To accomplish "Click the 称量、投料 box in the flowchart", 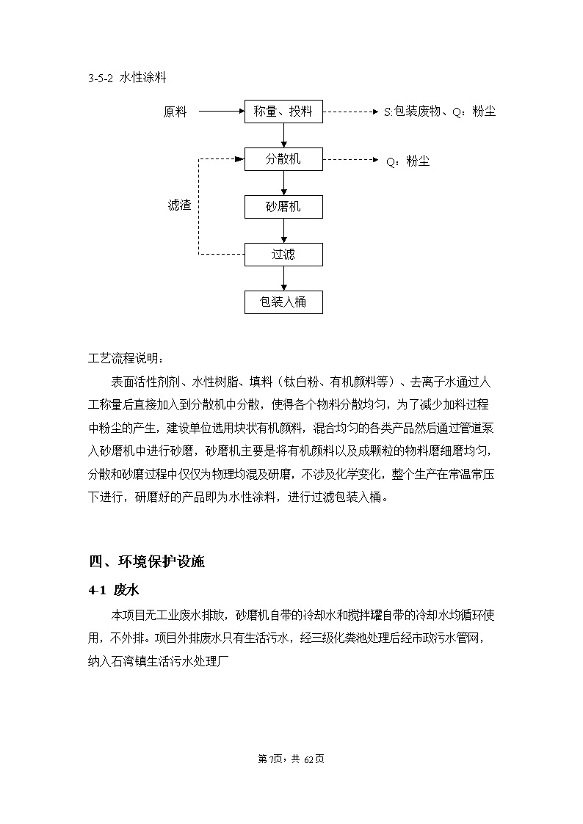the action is coord(283,112).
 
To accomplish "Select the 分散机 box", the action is coord(283,159).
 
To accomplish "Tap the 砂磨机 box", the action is coord(283,207).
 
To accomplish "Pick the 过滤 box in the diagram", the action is coord(283,255).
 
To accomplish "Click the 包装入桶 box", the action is coord(283,302).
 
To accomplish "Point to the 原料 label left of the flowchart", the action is coord(175,112).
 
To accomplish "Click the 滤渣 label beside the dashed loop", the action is coord(179,205).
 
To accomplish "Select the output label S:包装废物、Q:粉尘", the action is coord(440,112).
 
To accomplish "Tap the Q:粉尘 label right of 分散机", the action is coord(408,161).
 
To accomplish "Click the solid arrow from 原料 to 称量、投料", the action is coord(222,112).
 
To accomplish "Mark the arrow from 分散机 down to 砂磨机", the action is coord(284,183).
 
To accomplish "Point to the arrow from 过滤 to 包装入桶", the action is coord(284,279).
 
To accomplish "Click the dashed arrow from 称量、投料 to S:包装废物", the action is coord(351,112).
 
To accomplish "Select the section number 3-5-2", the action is coord(101,78).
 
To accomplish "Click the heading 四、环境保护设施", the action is coord(147,562).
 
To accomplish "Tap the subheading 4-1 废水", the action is coord(114,590).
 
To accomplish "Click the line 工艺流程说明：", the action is coord(126,359).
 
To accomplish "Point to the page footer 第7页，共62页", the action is coord(291,759).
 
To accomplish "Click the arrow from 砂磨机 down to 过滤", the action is coord(284,231).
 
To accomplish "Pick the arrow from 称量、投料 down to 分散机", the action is coord(284,136).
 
